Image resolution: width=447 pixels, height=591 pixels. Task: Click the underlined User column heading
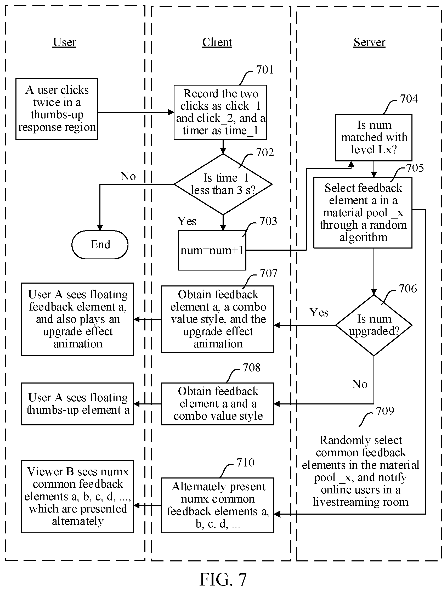[64, 42]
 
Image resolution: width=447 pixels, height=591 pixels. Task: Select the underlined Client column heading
[217, 42]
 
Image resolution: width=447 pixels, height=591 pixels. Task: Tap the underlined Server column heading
[370, 42]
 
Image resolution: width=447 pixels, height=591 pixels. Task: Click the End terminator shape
[100, 244]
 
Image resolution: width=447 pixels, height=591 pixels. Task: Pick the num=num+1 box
[212, 250]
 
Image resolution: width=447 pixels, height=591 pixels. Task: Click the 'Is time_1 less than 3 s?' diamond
[223, 184]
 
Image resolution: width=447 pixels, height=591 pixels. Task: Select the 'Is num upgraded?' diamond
[374, 325]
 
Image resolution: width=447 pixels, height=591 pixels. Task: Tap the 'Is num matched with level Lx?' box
[374, 137]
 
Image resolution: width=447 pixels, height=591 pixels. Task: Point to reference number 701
[265, 70]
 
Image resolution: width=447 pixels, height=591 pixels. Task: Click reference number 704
[409, 99]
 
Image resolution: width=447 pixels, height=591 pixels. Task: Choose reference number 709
[385, 411]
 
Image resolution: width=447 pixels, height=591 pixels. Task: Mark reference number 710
[245, 463]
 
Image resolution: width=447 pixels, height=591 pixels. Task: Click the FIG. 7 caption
[223, 579]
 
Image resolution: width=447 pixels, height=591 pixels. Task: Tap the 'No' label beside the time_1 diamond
[128, 176]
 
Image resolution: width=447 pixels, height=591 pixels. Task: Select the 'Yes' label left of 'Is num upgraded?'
[319, 312]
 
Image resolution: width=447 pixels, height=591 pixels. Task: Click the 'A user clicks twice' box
[57, 109]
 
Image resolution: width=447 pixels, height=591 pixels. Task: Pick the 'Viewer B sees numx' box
[77, 496]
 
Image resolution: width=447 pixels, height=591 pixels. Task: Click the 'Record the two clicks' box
[220, 112]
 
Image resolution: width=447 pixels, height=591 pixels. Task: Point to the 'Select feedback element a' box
[363, 213]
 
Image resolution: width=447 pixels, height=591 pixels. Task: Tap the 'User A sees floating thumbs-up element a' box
[77, 404]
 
